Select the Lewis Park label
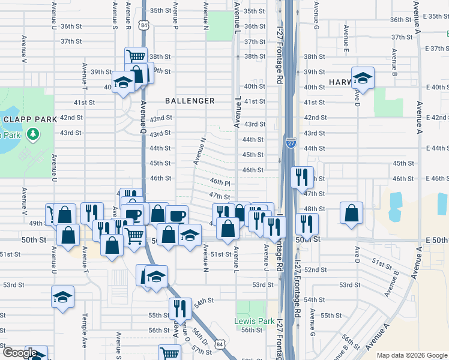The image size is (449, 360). tap(254, 321)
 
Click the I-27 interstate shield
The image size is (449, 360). tap(291, 143)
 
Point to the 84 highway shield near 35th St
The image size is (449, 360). tap(143, 25)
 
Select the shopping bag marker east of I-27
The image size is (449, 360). tap(351, 213)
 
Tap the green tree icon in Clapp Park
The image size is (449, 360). tap(34, 133)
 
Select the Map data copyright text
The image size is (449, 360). tap(411, 355)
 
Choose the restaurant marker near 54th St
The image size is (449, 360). tap(180, 308)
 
